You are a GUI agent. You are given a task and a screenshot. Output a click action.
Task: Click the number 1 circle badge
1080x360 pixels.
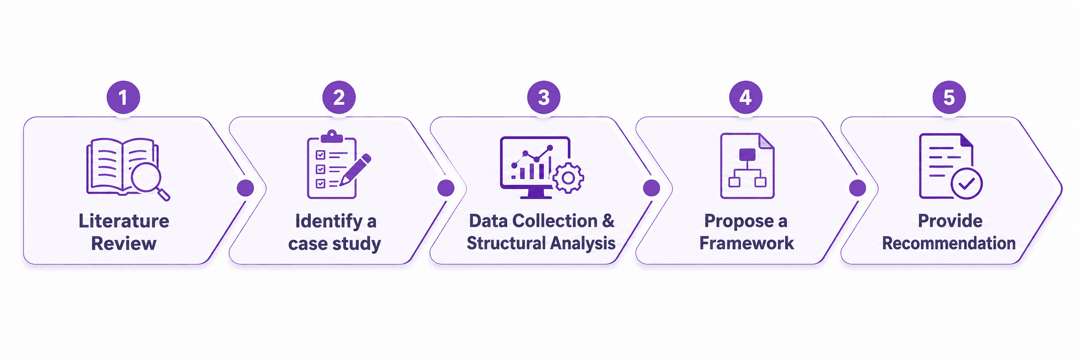pos(123,97)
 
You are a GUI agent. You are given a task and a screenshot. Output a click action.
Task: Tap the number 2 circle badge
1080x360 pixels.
pos(339,97)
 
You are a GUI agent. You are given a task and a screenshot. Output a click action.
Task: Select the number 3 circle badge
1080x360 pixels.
pos(543,97)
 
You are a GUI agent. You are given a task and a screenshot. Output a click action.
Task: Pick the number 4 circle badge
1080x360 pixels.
pos(745,97)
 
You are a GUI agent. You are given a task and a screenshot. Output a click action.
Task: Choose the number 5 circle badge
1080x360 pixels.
pos(949,97)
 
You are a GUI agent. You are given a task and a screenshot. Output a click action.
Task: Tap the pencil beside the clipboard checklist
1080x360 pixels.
pos(356,170)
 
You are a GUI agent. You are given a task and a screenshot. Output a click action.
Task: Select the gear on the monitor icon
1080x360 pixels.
pos(568,178)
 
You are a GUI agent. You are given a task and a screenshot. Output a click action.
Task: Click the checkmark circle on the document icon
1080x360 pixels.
pos(966,183)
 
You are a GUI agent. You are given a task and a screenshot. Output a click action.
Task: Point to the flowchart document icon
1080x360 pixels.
pos(747,166)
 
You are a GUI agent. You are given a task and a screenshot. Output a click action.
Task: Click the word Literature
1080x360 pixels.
pos(124,221)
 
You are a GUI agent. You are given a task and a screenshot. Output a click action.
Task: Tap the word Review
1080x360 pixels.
pos(123,244)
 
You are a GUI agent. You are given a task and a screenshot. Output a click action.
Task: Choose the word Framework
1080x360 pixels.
pos(746,243)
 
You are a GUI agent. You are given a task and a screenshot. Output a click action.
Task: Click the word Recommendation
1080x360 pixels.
pos(949,243)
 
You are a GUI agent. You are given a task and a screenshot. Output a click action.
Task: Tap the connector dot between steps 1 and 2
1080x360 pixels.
pos(245,188)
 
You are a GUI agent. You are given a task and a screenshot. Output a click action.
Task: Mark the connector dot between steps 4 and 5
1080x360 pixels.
pos(857,188)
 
